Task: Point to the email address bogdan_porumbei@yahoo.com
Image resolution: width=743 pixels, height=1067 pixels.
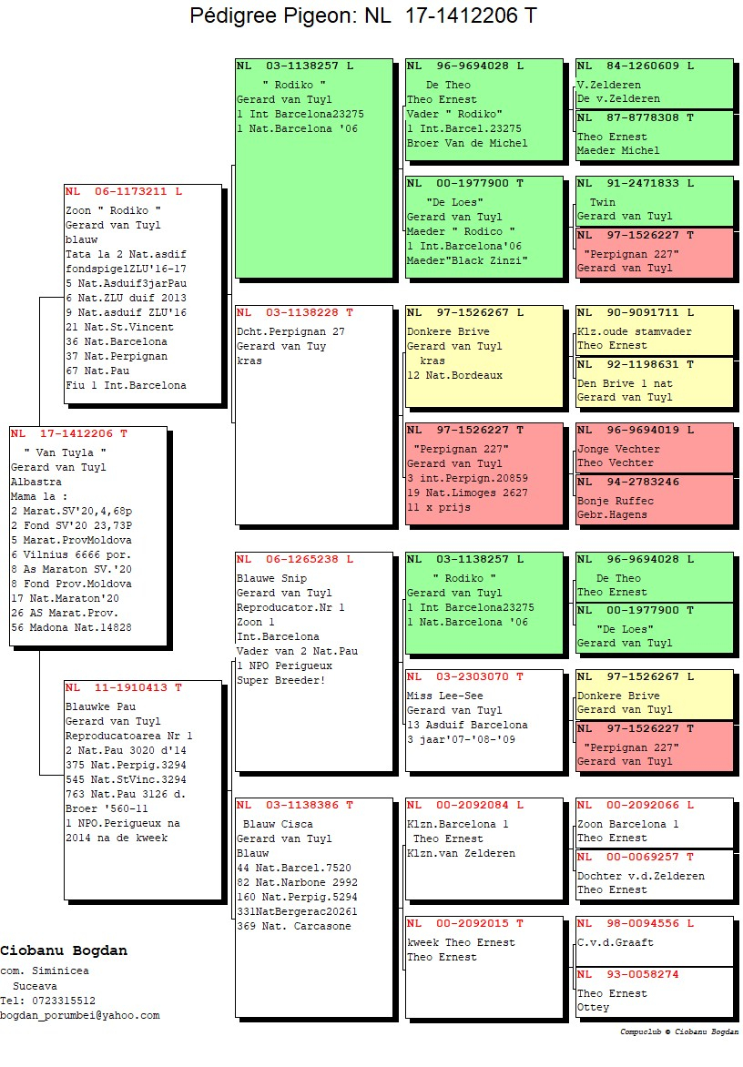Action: (79, 1015)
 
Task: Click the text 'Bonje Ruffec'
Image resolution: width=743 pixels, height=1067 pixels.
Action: (616, 501)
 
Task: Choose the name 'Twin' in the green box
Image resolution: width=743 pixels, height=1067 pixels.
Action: (602, 202)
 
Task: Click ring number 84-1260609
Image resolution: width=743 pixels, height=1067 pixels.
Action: (642, 66)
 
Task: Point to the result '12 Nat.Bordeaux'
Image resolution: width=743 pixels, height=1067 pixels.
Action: (454, 375)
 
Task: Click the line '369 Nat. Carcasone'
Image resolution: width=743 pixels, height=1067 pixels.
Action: (294, 926)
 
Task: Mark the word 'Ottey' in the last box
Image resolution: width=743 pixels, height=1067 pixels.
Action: (594, 1007)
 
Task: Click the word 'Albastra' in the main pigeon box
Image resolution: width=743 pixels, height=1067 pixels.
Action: (36, 482)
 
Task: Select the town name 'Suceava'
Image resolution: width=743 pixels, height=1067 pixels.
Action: (35, 986)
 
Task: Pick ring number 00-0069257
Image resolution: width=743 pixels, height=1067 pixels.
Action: (642, 857)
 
